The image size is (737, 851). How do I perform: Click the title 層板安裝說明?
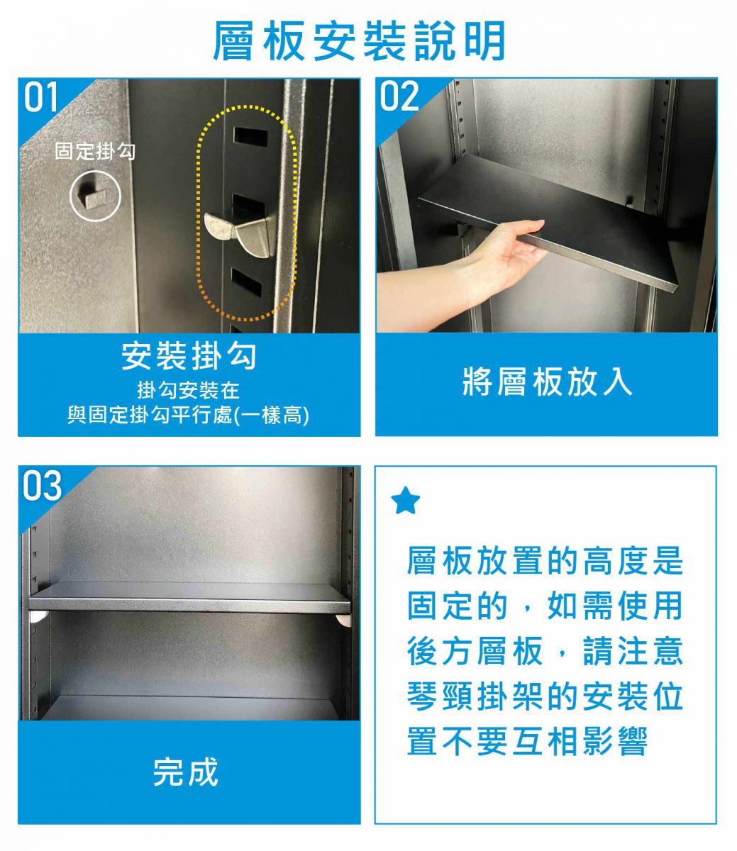pyautogui.click(x=359, y=40)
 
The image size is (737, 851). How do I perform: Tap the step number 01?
pyautogui.click(x=40, y=97)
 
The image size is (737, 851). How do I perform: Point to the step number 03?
pyautogui.click(x=42, y=485)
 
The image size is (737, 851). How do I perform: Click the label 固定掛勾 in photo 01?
pyautogui.click(x=95, y=151)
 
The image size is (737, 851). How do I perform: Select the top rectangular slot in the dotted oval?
pyautogui.click(x=250, y=137)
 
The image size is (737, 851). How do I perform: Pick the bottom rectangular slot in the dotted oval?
pyautogui.click(x=246, y=283)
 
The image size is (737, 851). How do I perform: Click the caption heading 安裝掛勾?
pyautogui.click(x=189, y=356)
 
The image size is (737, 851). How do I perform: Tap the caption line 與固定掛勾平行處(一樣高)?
pyautogui.click(x=188, y=415)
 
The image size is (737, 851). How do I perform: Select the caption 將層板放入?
pyautogui.click(x=547, y=382)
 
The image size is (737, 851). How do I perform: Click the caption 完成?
pyautogui.click(x=185, y=772)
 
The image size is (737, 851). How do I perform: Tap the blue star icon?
pyautogui.click(x=406, y=501)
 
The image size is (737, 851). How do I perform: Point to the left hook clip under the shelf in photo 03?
pyautogui.click(x=40, y=616)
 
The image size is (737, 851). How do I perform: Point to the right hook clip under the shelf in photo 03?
pyautogui.click(x=343, y=620)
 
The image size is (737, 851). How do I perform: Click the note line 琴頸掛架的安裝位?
pyautogui.click(x=545, y=696)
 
